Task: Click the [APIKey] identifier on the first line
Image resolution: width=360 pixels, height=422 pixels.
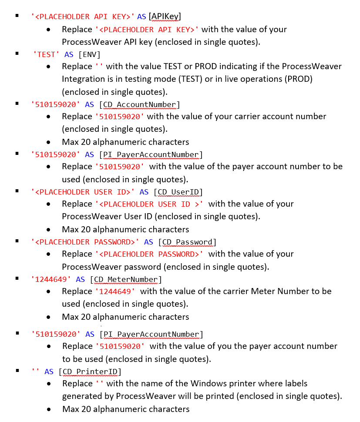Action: pos(165,17)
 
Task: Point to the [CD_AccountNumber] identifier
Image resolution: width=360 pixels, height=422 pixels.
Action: pos(139,104)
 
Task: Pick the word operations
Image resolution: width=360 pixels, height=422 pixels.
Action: pos(253,79)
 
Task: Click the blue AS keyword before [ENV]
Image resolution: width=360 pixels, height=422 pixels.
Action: pos(69,54)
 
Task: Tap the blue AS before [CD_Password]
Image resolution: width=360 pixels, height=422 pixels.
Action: pos(148,242)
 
